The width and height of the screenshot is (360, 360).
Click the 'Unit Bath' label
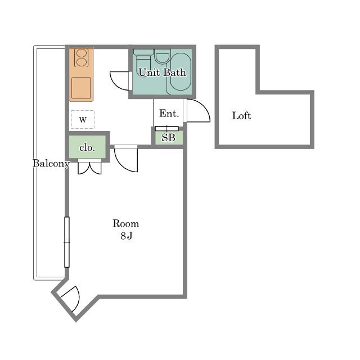tap(163, 73)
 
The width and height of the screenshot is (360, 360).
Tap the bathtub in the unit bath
tap(181, 71)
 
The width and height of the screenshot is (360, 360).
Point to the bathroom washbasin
tap(163, 56)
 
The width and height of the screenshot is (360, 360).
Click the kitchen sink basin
tap(81, 88)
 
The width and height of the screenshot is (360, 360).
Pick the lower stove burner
tap(81, 62)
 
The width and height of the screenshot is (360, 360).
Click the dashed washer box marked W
tap(83, 119)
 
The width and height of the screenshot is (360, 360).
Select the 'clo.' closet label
tap(87, 147)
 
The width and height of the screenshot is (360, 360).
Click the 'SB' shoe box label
tap(168, 137)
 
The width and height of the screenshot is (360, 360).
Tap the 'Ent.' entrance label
tap(169, 114)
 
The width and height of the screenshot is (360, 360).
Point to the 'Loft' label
tap(241, 115)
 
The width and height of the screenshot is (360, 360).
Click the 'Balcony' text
tap(51, 164)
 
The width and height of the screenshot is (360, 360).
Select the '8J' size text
tap(126, 236)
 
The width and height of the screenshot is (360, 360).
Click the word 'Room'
tap(126, 224)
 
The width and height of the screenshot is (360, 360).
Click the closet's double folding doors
tap(89, 168)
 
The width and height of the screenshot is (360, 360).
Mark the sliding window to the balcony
tap(67, 242)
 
